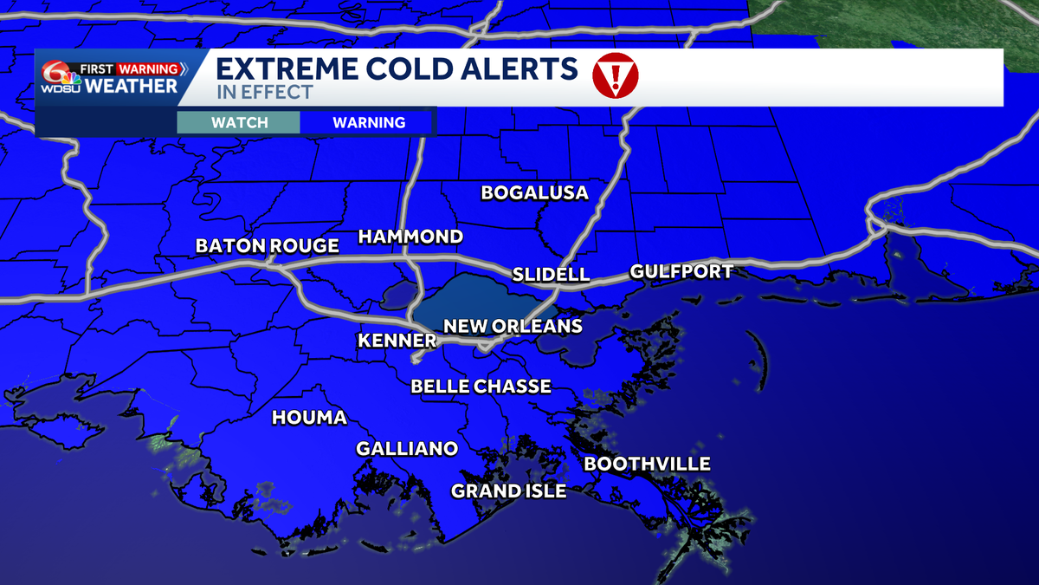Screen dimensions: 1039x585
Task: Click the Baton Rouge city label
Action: [267, 246]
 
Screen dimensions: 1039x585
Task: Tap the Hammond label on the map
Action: [410, 237]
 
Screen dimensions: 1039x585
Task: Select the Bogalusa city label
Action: [534, 192]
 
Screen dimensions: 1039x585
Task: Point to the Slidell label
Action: [551, 275]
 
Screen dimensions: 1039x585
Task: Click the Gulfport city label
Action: [681, 271]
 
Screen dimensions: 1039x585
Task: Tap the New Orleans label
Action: [513, 327]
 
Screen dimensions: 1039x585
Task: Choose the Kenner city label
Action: [396, 341]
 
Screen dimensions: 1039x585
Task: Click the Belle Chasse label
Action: [481, 387]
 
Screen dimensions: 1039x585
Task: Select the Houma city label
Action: [309, 418]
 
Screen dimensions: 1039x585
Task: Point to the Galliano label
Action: [406, 449]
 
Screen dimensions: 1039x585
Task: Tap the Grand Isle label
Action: [508, 491]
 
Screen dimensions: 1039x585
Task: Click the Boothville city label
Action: [647, 465]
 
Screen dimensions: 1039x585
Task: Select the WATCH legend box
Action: [240, 122]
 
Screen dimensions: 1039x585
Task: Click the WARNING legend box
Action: [369, 122]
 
